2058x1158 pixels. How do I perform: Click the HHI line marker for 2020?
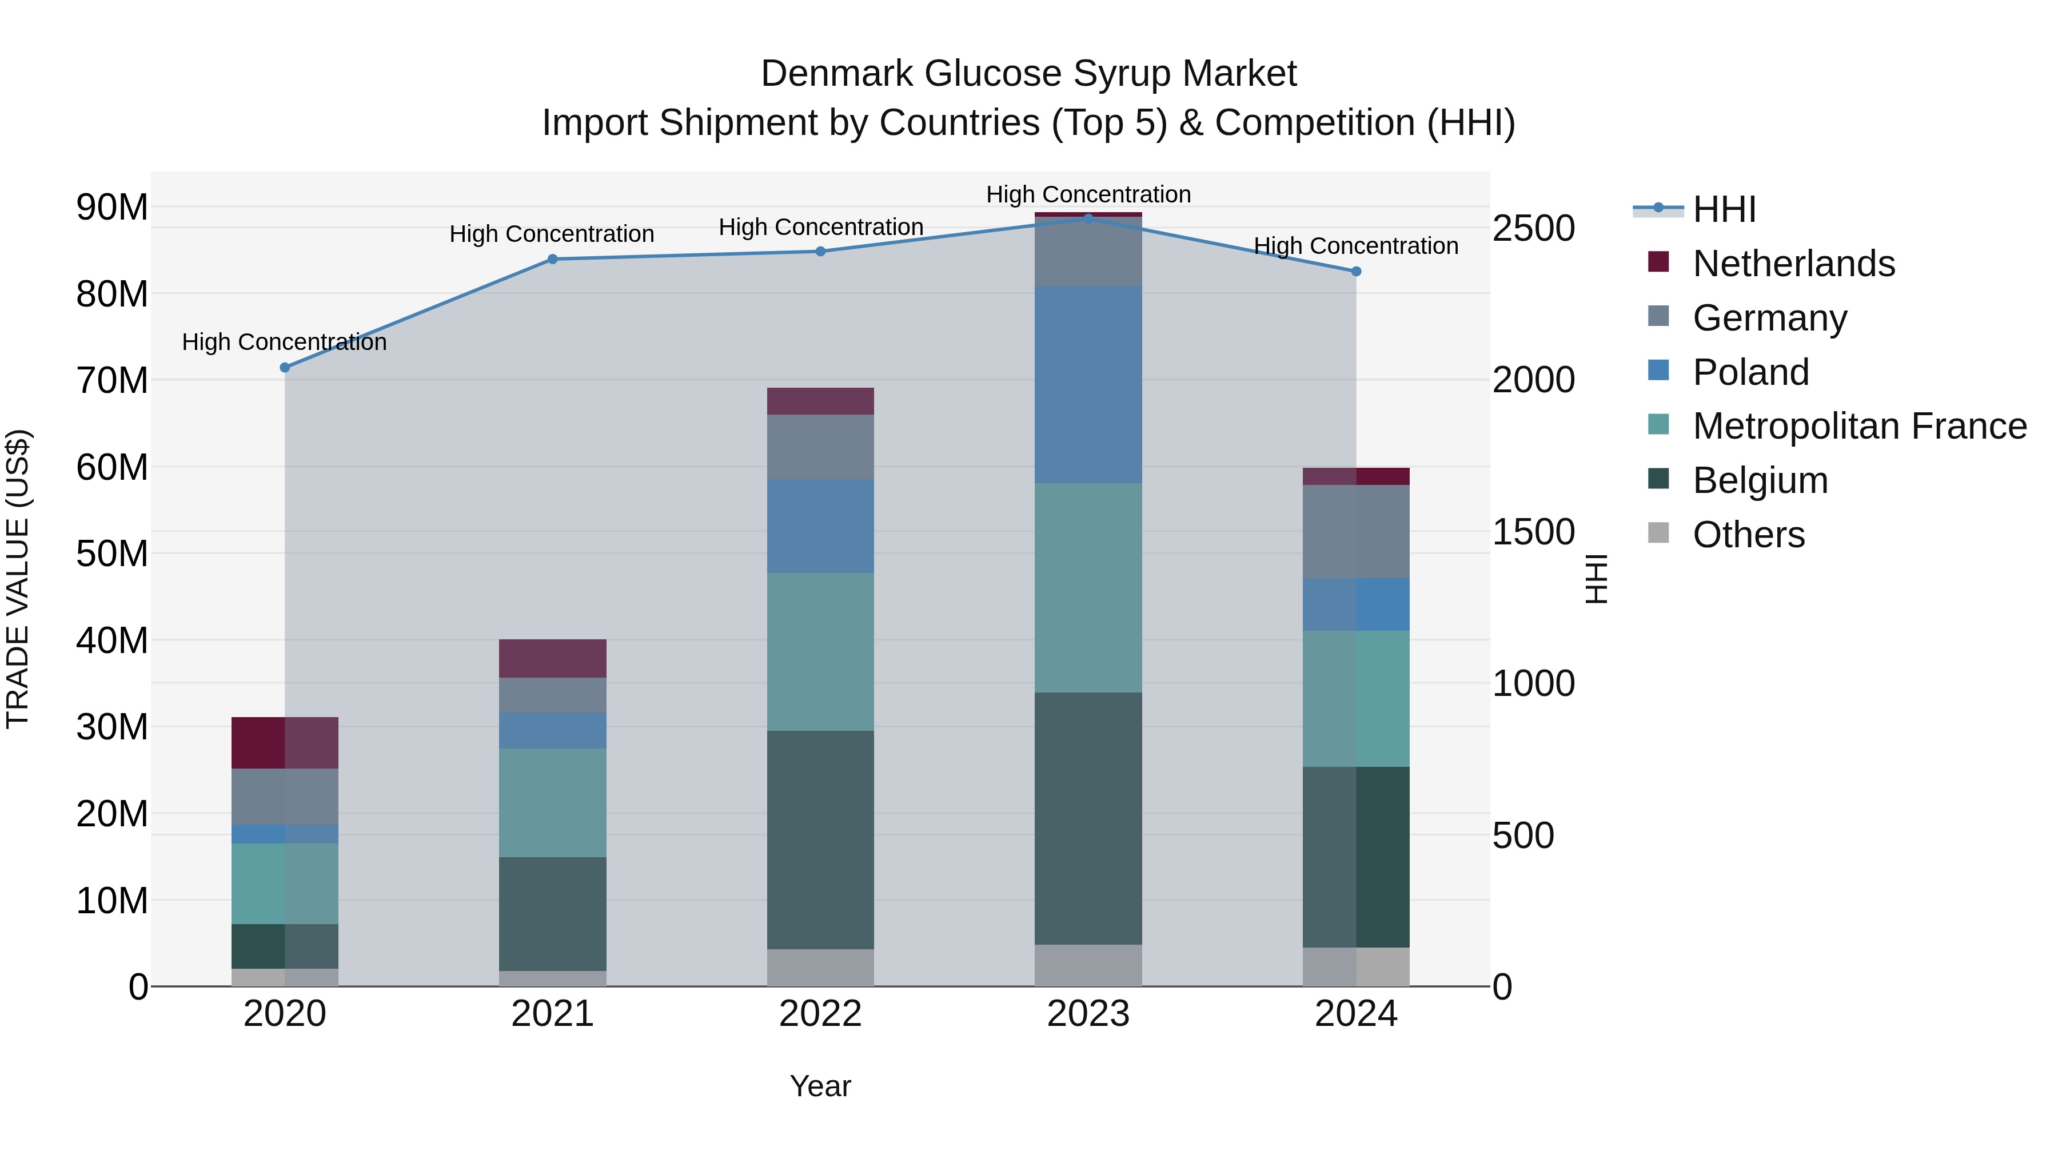point(285,368)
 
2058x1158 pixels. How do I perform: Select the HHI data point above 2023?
point(1088,218)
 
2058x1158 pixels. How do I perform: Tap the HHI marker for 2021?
point(552,259)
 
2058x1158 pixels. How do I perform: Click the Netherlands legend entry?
point(1793,264)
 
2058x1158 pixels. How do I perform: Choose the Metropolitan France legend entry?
point(1859,426)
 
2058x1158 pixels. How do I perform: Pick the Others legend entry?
point(1748,535)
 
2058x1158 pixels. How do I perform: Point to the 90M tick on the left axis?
point(112,208)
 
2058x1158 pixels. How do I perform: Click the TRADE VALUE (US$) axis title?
point(18,579)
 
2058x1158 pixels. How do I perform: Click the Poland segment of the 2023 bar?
point(1088,384)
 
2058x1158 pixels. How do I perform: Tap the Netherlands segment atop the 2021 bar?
point(552,659)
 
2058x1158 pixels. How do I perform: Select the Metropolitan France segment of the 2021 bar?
point(552,802)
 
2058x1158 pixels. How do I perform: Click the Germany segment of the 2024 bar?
point(1356,531)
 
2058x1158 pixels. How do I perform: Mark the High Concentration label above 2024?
point(1356,246)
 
